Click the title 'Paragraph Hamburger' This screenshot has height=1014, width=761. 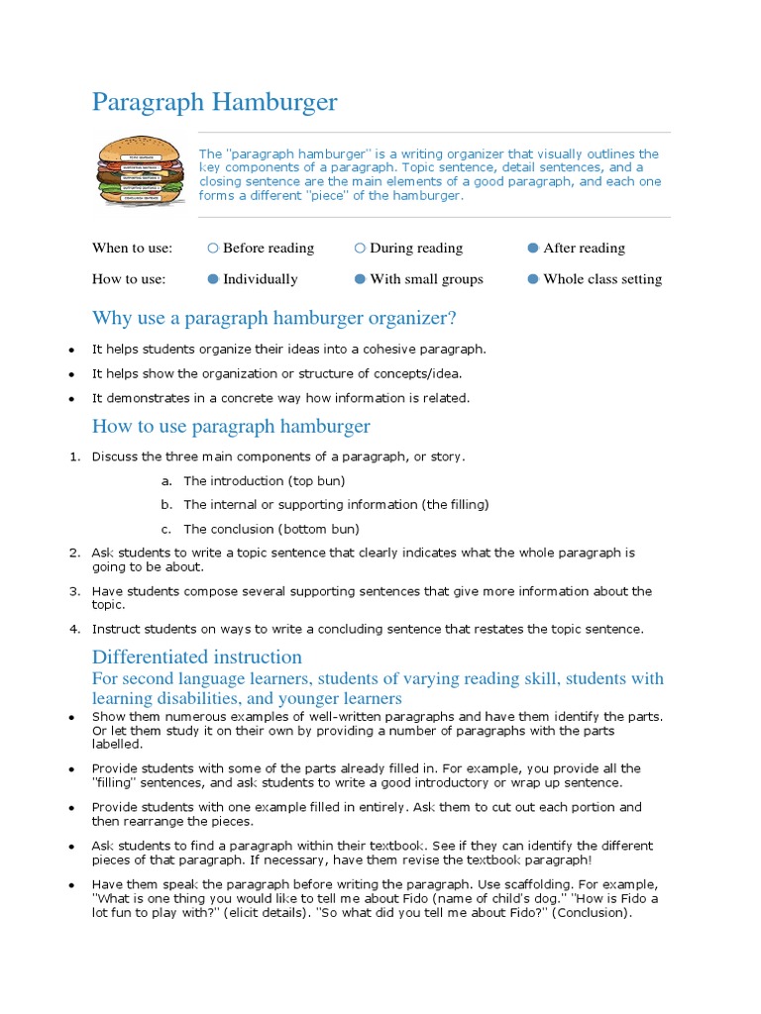[214, 102]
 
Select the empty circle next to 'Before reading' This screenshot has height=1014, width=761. [213, 249]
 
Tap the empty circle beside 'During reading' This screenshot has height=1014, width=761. [360, 249]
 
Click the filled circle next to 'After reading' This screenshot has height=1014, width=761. [533, 249]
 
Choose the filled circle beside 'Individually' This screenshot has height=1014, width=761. [213, 279]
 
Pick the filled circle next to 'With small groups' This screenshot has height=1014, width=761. [360, 279]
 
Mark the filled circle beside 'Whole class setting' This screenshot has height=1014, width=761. [533, 279]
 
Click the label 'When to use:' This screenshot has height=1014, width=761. [132, 249]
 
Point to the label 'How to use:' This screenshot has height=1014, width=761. [129, 279]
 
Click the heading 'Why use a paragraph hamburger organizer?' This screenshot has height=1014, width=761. [274, 318]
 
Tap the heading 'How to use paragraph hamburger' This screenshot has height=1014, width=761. [231, 427]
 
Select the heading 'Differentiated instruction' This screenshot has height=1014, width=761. [197, 658]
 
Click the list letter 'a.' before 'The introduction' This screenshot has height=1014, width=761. [165, 481]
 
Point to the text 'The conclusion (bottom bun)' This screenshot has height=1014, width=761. [272, 529]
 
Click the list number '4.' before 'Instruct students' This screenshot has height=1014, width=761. [74, 629]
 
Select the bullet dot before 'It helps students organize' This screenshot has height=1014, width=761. [72, 351]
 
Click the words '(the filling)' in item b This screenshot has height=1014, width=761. [455, 505]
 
